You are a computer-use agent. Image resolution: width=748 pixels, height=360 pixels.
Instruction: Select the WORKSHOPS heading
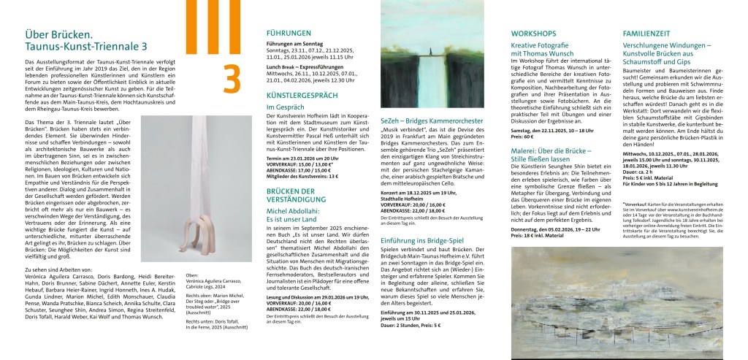(x=533, y=34)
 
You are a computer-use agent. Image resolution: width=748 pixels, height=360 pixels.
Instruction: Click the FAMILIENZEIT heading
(x=646, y=34)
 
